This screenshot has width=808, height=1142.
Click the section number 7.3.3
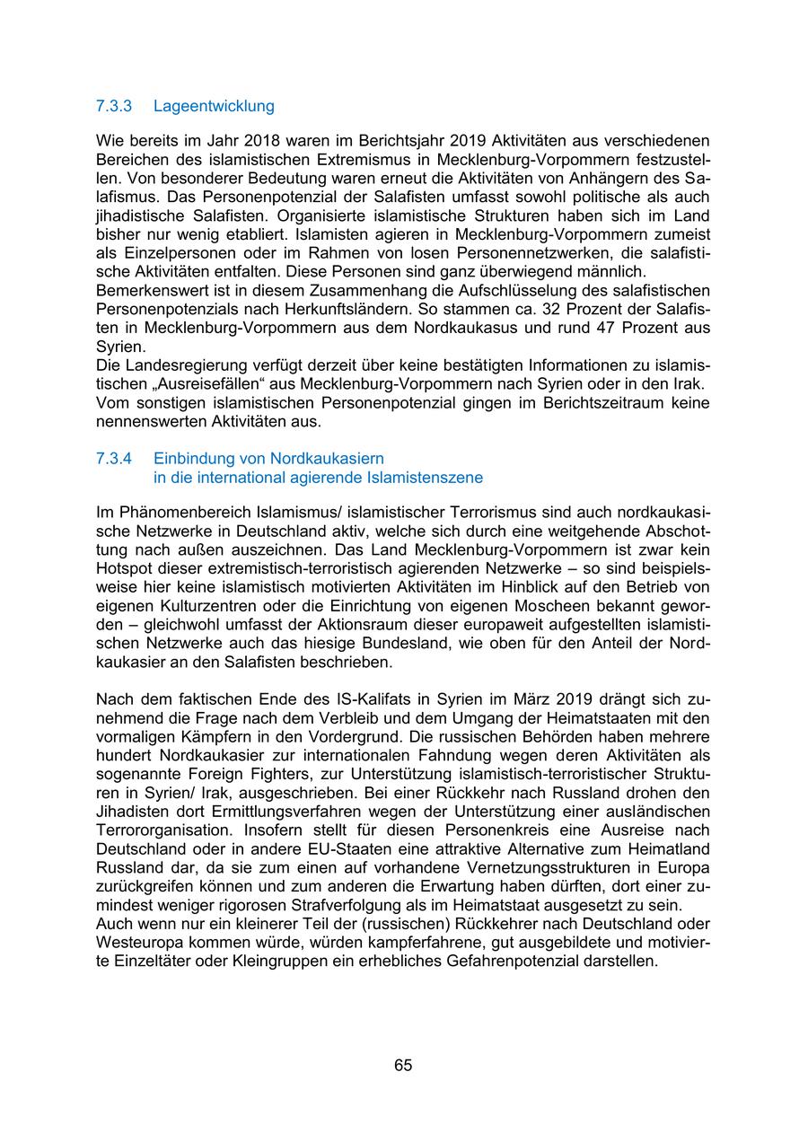pos(114,106)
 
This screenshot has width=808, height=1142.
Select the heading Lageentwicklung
pos(214,106)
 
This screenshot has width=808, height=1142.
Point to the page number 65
pos(403,1066)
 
